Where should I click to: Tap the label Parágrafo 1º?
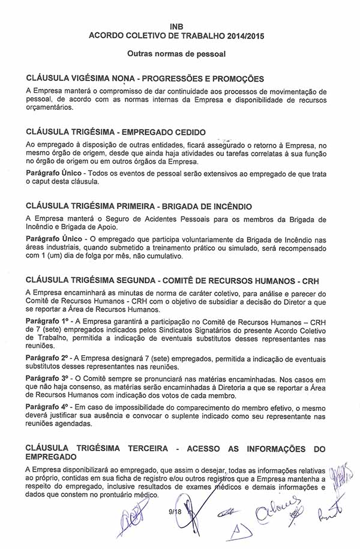tap(46, 322)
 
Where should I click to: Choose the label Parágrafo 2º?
tap(46, 358)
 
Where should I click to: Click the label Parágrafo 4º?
tap(46, 406)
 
